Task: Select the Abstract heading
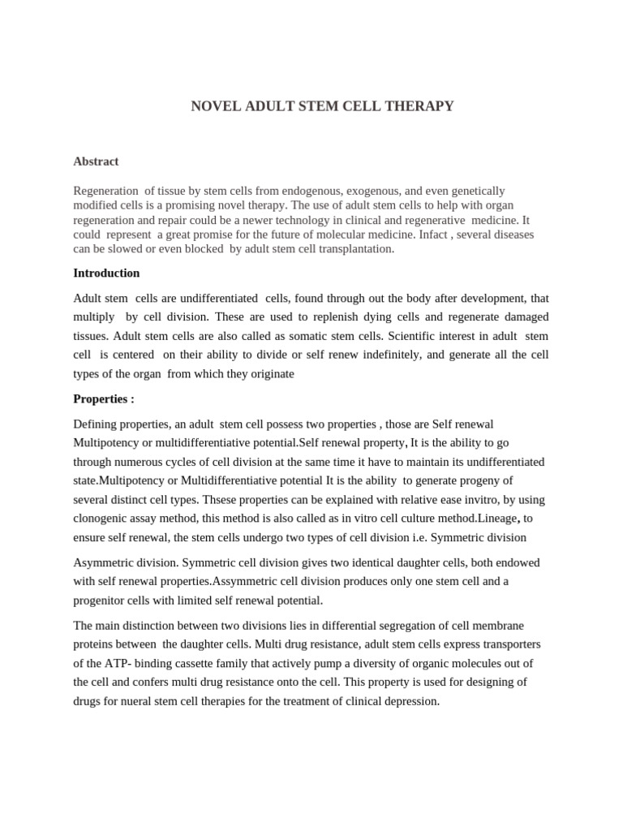96,161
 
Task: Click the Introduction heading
106,273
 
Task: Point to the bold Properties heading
104,398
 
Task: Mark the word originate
269,374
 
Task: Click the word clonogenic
105,499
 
